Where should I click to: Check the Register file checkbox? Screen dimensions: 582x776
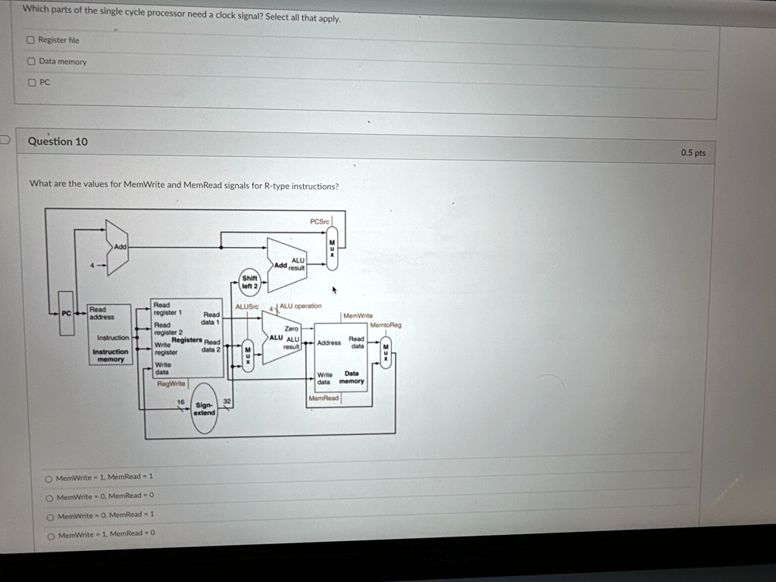pos(31,40)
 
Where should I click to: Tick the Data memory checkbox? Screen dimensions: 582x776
pos(31,61)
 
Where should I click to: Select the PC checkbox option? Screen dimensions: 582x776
pos(31,83)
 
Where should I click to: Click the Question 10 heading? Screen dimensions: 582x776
pos(58,141)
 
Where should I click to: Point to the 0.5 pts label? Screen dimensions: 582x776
pos(692,153)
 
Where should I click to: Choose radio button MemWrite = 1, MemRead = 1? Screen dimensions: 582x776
pos(49,477)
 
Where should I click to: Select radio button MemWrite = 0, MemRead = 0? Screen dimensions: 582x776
pos(49,497)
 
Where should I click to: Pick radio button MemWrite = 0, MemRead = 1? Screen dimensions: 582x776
pos(50,516)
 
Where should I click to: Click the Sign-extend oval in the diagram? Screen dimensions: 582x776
pos(204,409)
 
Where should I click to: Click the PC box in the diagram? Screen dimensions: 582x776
pos(67,312)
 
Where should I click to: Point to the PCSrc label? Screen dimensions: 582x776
pos(320,221)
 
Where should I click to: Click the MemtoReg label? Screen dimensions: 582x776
pos(386,325)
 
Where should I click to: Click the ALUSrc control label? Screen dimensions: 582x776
pos(247,306)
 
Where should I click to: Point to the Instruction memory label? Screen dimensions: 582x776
pos(111,355)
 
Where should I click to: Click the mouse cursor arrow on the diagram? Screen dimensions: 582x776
pos(334,289)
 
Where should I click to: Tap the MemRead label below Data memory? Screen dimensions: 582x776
pos(324,398)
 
